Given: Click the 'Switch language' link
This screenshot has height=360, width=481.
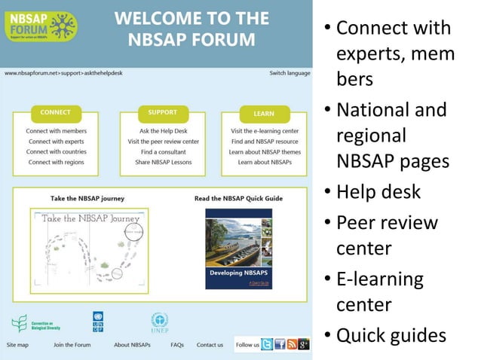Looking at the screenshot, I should click(x=290, y=73).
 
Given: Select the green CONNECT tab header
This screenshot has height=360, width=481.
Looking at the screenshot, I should click(x=55, y=113).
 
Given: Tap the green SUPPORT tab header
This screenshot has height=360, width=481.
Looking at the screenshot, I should click(x=162, y=113).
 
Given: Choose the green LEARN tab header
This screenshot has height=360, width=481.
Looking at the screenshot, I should click(x=263, y=114).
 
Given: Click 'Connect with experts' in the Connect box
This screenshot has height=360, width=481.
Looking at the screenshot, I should click(x=56, y=142).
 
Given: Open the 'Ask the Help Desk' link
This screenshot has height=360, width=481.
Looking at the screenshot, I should click(x=164, y=131).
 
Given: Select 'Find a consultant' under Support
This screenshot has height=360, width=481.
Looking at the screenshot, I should click(x=164, y=152).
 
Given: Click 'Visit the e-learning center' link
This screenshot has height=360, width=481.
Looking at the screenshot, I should click(x=265, y=131).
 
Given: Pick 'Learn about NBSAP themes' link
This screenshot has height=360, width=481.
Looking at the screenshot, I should click(x=265, y=152).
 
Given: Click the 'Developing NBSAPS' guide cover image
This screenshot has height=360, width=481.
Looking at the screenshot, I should click(x=238, y=249).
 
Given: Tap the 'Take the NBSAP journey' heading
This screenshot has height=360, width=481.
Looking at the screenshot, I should click(x=87, y=199).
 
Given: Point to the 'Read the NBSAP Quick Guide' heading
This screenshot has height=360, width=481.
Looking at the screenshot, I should click(x=238, y=199).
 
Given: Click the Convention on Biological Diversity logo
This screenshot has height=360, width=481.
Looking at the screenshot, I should click(x=35, y=324).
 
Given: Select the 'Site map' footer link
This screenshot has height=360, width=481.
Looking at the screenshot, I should click(x=17, y=345).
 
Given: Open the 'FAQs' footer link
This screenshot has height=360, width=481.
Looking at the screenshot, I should click(x=177, y=345).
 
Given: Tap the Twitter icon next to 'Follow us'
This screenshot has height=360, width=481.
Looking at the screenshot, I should click(x=267, y=345).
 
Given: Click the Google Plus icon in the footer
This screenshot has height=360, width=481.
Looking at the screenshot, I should click(x=304, y=345).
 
